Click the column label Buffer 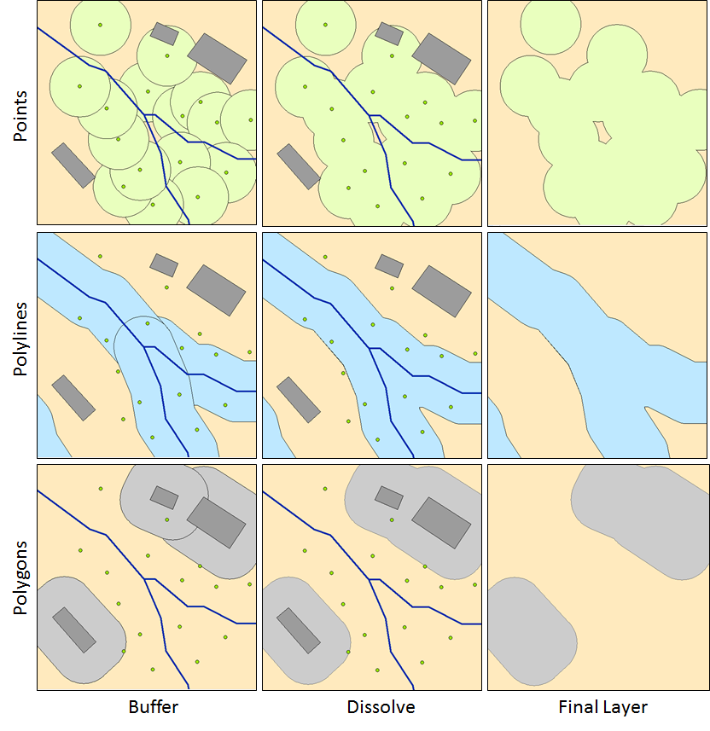tap(154, 707)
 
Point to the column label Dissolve tap(381, 707)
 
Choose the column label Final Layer tap(602, 707)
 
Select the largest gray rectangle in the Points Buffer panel tap(217, 58)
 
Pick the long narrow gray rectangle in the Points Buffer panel tap(73, 165)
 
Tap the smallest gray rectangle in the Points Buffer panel tap(164, 33)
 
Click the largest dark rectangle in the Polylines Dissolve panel tap(441, 290)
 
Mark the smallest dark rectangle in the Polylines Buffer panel tap(164, 264)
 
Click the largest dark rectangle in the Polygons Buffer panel tap(217, 522)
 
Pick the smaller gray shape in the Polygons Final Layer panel tap(531, 630)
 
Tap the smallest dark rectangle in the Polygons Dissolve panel tap(389, 497)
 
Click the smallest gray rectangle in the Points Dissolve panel tap(389, 33)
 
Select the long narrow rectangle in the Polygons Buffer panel tap(73, 629)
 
